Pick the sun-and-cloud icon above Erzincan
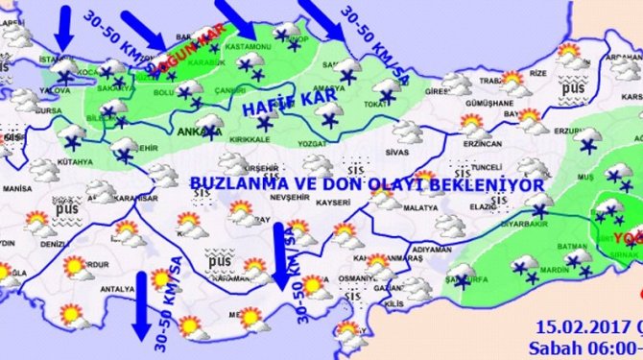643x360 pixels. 472,124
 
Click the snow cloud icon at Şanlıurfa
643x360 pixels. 462,275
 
